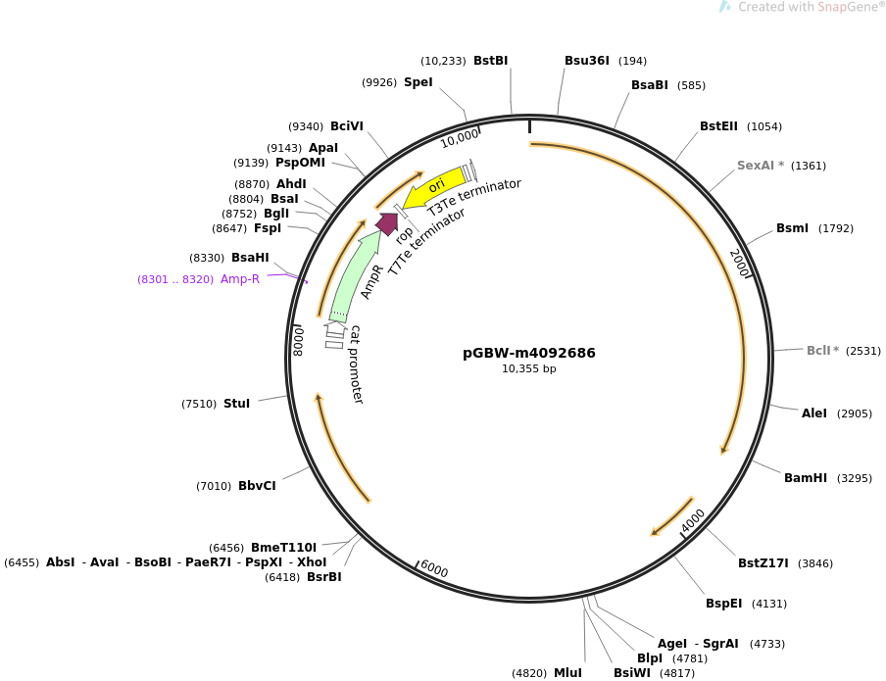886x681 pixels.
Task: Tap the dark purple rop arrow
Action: point(387,223)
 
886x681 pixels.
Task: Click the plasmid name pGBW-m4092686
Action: point(529,353)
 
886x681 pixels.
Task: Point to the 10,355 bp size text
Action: point(529,369)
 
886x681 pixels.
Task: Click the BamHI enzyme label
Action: point(806,478)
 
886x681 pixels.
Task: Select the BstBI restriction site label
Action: point(490,61)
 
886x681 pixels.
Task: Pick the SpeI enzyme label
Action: point(418,82)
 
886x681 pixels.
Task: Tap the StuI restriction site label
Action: point(237,404)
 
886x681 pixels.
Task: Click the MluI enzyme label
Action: point(567,673)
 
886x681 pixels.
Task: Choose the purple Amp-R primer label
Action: point(240,279)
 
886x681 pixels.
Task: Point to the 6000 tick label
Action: point(434,569)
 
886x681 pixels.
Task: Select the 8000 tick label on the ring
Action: point(298,341)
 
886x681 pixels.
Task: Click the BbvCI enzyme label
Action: point(257,486)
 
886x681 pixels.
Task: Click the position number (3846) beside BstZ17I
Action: point(814,563)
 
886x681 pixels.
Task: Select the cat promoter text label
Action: point(356,365)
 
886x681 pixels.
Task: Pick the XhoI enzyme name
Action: point(312,562)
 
